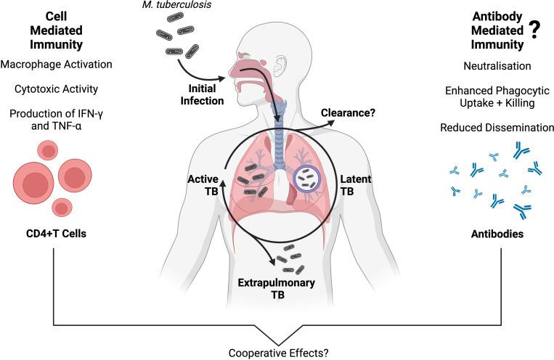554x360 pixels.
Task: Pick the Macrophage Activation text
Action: pos(58,64)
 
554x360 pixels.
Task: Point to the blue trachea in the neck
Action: pos(277,115)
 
